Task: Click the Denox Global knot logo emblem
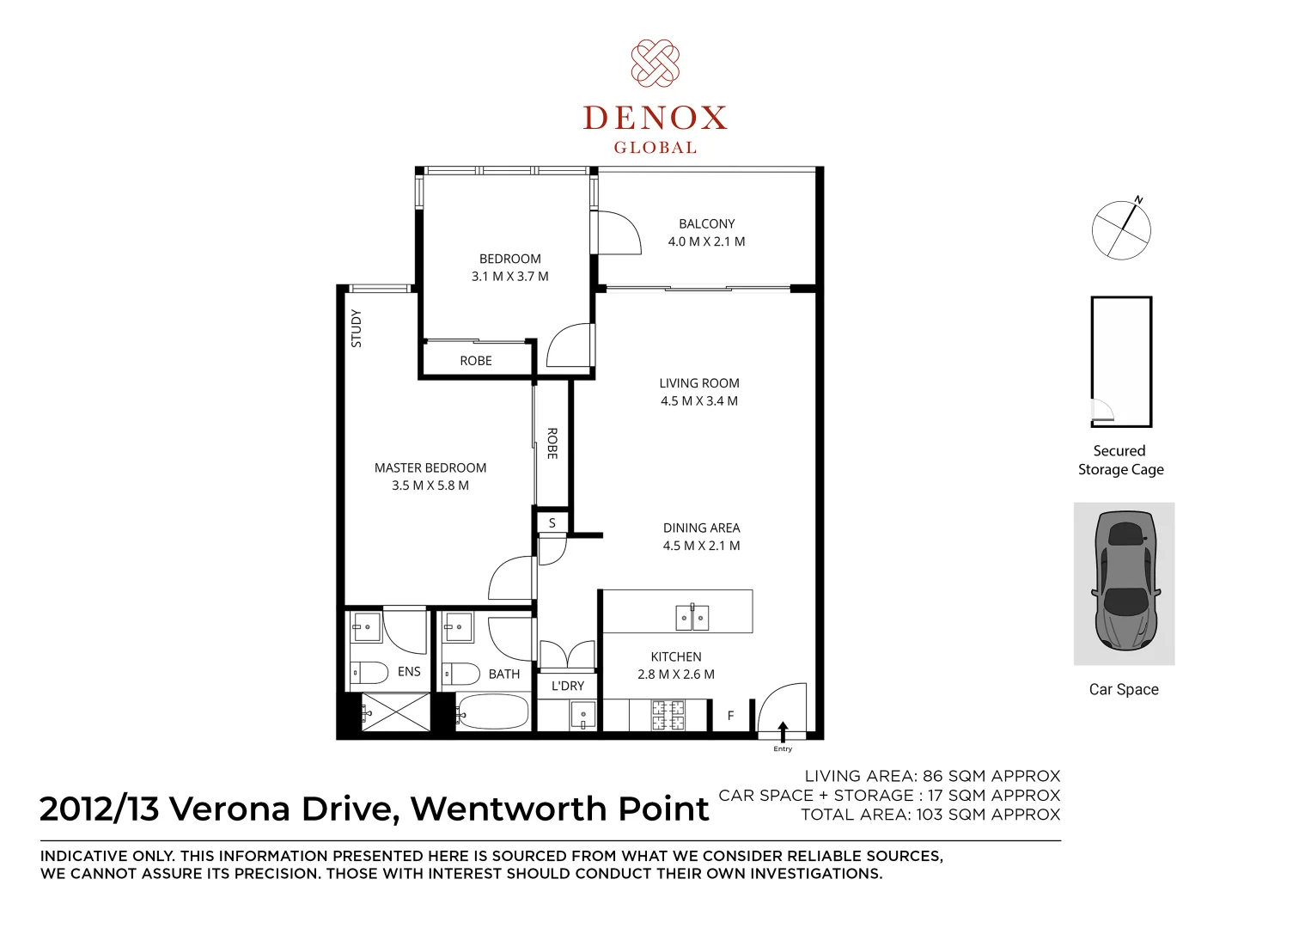tap(655, 63)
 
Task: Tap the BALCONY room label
tap(706, 223)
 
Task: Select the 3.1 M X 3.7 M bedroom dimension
tap(509, 277)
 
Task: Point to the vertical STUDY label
tap(357, 328)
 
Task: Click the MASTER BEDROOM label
tap(430, 467)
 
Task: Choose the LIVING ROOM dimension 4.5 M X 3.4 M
tap(698, 401)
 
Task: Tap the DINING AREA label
tap(701, 528)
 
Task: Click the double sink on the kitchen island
tap(692, 617)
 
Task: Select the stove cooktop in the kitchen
tap(668, 715)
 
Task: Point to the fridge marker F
tap(730, 715)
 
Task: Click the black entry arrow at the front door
tap(783, 731)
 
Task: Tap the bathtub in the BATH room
tap(493, 711)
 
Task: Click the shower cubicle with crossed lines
tap(396, 712)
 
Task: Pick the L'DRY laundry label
tap(568, 686)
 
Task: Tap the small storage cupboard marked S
tap(552, 522)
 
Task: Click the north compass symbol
tap(1121, 230)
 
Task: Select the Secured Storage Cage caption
tap(1120, 460)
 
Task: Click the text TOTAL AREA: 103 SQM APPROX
tap(930, 815)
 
